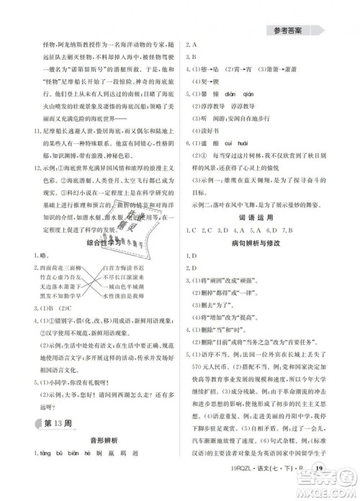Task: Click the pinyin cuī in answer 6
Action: click(242, 143)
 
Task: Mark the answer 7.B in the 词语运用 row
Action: click(290, 230)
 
